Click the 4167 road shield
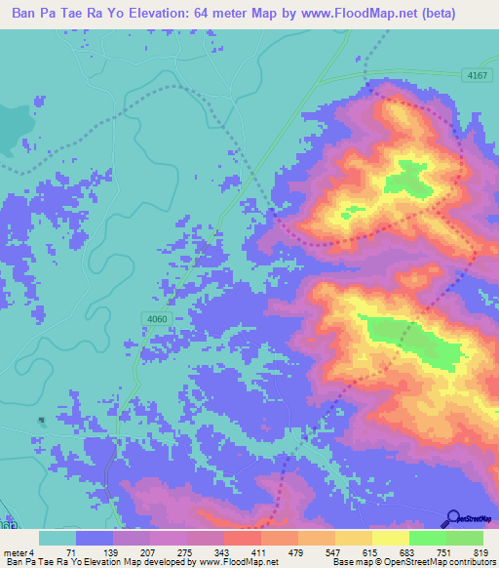click(475, 74)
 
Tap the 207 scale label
click(148, 552)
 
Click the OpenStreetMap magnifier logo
click(453, 519)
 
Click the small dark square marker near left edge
click(41, 421)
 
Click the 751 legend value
click(444, 552)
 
